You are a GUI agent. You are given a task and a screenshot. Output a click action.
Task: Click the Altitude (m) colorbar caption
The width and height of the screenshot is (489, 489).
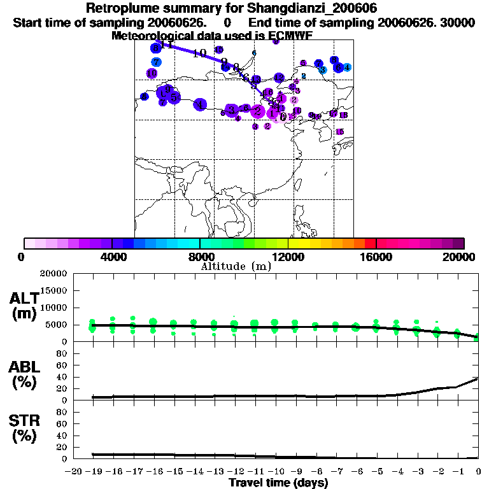pos(236,266)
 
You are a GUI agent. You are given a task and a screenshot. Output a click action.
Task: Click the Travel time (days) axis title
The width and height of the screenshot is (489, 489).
pos(278,483)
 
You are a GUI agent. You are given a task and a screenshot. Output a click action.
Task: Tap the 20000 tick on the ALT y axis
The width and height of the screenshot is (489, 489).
pos(55,274)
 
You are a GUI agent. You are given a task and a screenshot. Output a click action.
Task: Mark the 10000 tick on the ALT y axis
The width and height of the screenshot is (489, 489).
pos(55,308)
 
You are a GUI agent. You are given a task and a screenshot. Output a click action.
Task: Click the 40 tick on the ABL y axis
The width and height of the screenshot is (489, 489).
pos(63,377)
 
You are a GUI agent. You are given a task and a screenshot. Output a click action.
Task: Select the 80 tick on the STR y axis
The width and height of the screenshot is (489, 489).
pos(63,412)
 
